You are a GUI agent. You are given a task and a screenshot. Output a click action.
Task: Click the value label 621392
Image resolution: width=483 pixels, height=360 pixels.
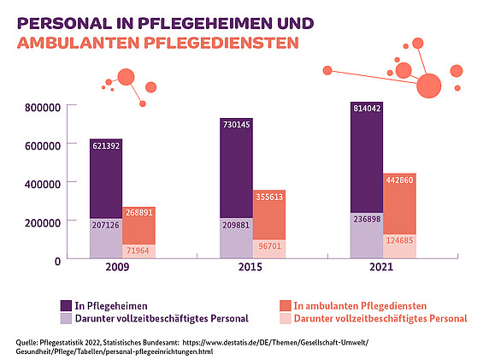pos(107,146)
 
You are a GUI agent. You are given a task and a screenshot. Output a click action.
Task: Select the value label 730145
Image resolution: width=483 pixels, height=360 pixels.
pos(237,125)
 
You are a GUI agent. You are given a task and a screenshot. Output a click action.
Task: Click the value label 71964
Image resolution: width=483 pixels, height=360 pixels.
pos(139,251)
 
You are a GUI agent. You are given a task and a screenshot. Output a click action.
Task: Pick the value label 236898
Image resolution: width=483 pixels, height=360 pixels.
pos(367,219)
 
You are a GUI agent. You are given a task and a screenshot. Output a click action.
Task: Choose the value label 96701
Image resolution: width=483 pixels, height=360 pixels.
pos(269,246)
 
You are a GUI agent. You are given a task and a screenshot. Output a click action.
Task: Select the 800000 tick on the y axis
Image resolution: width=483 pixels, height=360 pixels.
pos(41,107)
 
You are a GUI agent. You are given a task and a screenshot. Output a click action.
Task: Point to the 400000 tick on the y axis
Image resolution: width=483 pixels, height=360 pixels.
pos(41,183)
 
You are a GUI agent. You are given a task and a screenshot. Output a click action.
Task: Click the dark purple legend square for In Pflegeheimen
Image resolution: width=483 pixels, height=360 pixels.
pos(67,305)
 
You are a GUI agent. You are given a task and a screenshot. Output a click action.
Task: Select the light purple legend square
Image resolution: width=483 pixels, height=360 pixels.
pos(67,319)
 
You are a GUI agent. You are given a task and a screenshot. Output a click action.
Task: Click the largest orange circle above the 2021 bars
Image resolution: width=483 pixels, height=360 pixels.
pos(429,85)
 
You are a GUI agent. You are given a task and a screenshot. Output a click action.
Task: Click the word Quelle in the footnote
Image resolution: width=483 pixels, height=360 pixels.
pos(28,342)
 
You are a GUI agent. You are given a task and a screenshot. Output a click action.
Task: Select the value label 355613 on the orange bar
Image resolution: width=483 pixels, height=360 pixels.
pos(269,197)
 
